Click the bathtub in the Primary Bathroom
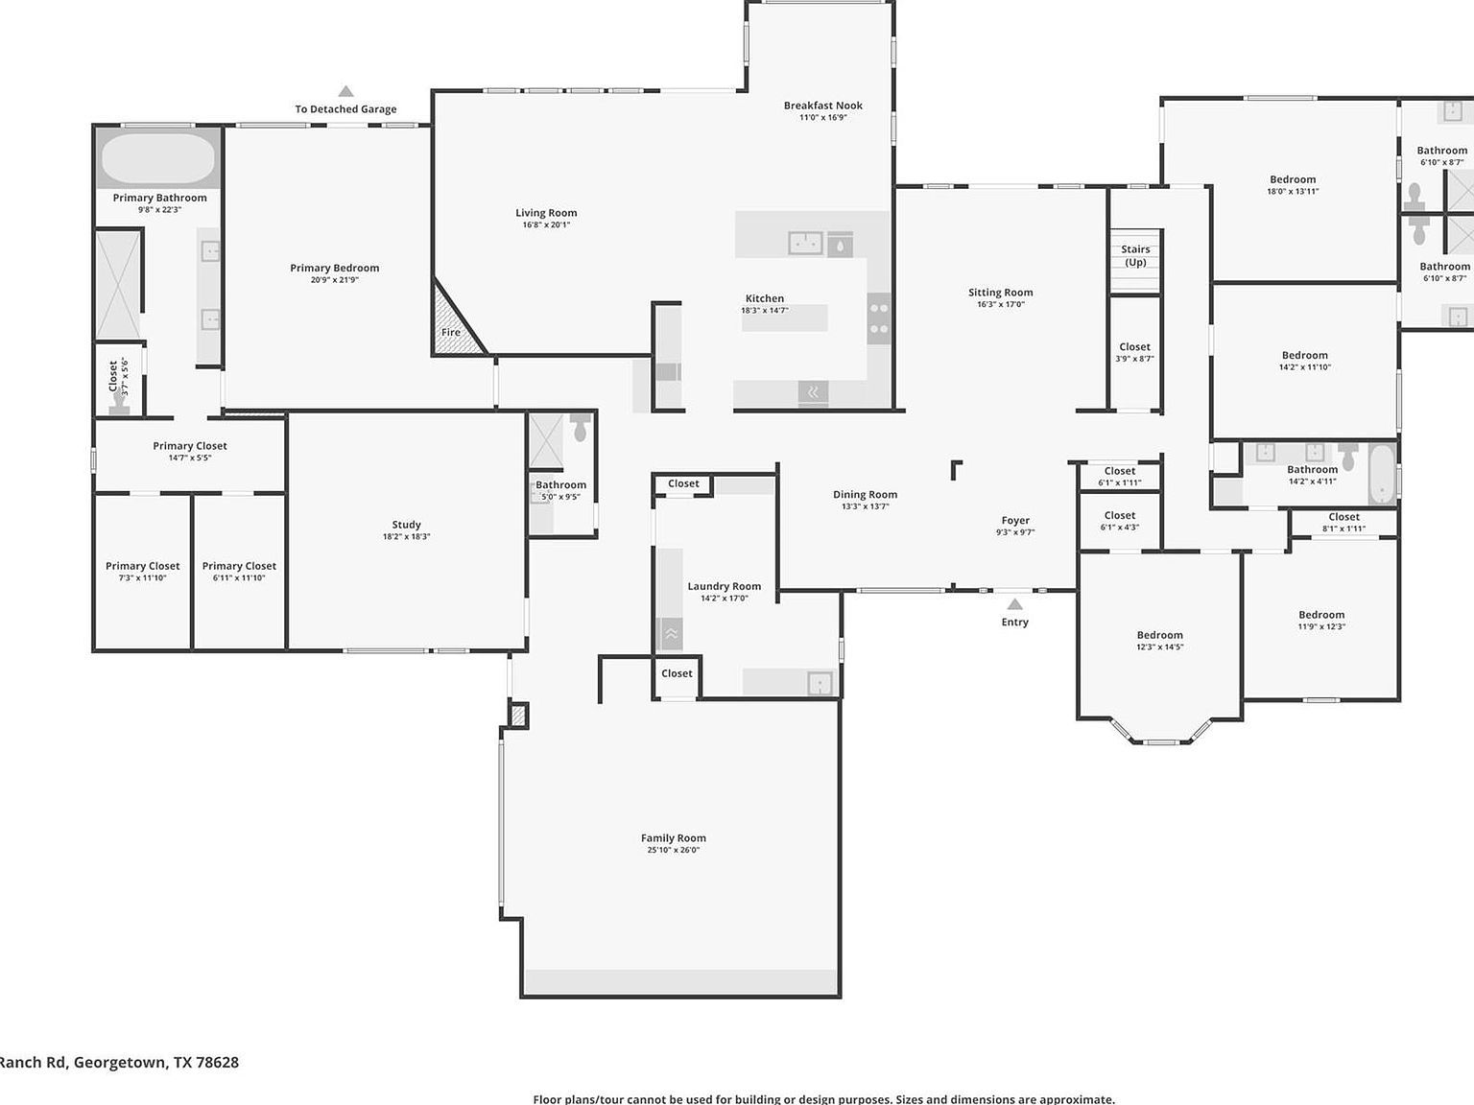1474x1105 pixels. pos(158,158)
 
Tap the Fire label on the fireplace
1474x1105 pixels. pos(451,333)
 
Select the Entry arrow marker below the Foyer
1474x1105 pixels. pos(1014,604)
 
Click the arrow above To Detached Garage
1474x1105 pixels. pos(345,92)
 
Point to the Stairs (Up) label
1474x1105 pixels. pos(1135,255)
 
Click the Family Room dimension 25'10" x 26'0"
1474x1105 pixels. pos(673,850)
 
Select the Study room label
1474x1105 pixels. pos(406,525)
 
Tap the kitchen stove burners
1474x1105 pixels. pos(878,318)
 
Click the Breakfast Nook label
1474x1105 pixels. pos(822,106)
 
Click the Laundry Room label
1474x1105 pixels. pos(724,586)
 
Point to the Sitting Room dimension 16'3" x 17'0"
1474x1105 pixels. pos(1000,305)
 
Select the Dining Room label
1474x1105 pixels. pos(865,495)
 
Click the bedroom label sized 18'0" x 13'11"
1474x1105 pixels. pos(1293,179)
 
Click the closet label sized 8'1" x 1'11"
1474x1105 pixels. pos(1343,517)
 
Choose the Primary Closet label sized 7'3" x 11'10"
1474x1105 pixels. pos(143,566)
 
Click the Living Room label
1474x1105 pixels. pos(546,213)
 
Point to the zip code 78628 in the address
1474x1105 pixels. pos(219,1062)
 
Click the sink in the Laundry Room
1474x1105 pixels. pos(820,682)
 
